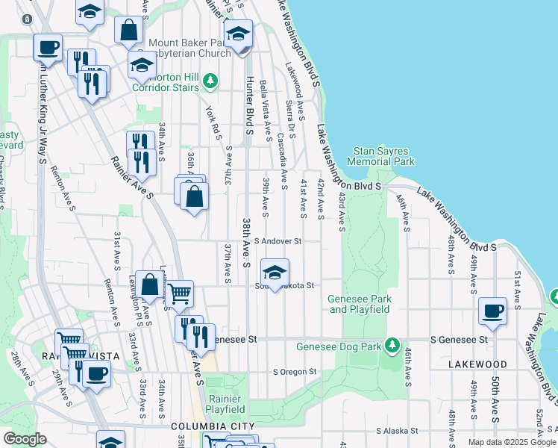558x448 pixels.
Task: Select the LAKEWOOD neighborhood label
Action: pos(478,364)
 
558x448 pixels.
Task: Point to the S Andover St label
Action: pos(278,241)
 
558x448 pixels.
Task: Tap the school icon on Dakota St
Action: pos(275,273)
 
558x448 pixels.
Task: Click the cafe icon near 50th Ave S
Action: pos(492,311)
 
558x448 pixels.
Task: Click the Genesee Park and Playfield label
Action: pos(360,304)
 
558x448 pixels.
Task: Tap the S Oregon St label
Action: pos(295,371)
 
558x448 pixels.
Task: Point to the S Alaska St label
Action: pos(400,431)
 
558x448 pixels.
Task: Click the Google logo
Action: pos(25,439)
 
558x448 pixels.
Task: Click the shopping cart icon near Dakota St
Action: pos(179,294)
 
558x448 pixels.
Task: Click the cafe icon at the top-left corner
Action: pos(48,47)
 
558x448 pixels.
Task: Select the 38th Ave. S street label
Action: pos(245,243)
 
